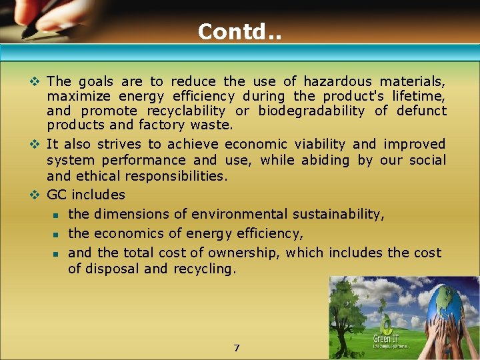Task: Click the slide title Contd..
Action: click(x=239, y=31)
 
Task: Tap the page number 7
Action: click(x=237, y=348)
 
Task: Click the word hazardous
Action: click(x=339, y=81)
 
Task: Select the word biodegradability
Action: click(x=311, y=111)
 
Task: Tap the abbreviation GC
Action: click(x=57, y=195)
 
